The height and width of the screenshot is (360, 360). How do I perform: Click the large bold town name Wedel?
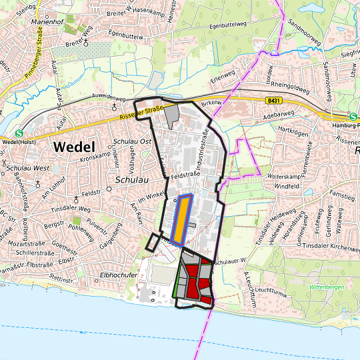(74, 147)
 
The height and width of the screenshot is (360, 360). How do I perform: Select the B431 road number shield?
(271, 101)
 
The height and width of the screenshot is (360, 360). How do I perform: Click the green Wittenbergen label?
(326, 287)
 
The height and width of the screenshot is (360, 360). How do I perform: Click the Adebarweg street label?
(279, 114)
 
